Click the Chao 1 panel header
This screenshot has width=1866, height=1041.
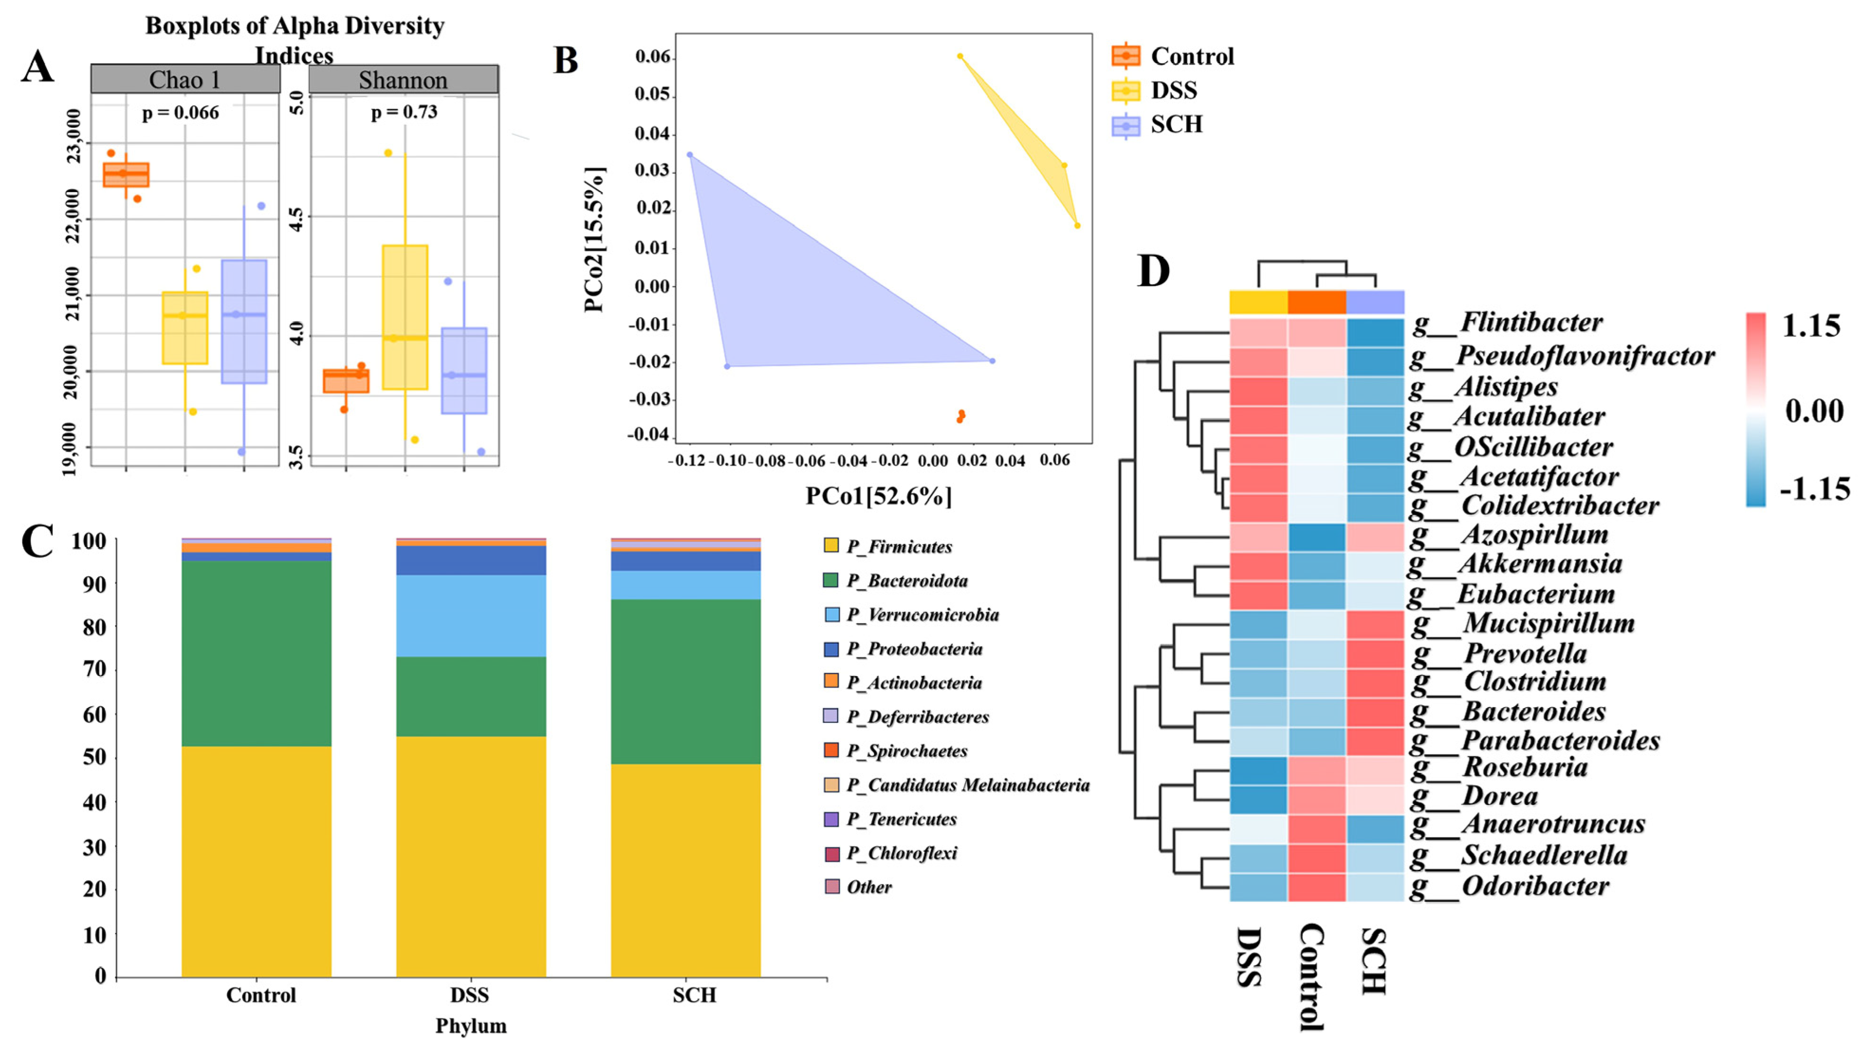coord(185,79)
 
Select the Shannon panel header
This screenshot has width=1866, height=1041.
coord(403,79)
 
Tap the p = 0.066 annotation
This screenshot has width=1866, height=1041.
coord(180,112)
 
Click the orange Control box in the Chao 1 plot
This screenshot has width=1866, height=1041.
coord(126,175)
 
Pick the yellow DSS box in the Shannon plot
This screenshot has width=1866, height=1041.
coord(405,317)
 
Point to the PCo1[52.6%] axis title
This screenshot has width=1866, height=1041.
coord(878,496)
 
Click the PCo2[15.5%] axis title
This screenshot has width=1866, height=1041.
coord(594,239)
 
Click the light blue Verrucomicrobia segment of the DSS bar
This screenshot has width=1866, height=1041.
coord(471,616)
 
